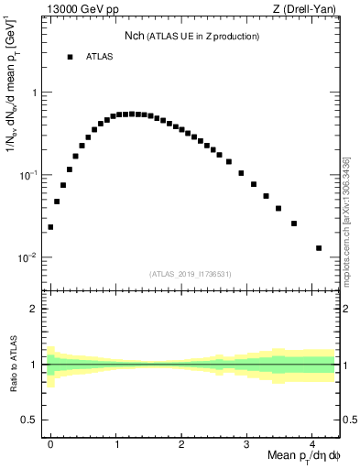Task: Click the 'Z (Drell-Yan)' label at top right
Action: coord(307,10)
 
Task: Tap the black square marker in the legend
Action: coord(70,57)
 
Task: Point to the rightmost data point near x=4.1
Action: coord(319,248)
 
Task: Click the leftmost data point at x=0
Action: coord(50,227)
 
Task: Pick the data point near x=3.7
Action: coord(293,224)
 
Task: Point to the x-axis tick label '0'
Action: coord(50,442)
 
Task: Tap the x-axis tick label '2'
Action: coord(182,442)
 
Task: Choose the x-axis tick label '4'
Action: coord(312,442)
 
